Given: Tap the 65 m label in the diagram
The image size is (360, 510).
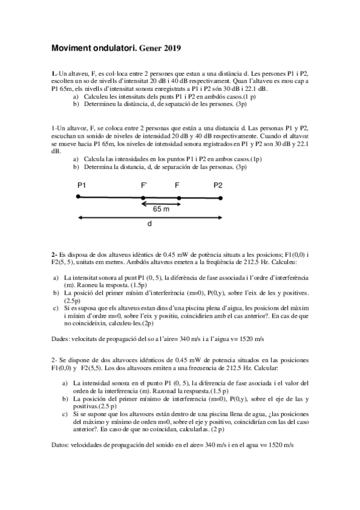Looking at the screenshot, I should (x=160, y=209).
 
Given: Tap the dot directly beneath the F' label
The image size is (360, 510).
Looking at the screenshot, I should (x=143, y=197).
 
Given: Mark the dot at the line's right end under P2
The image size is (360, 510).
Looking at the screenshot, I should (x=221, y=197).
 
